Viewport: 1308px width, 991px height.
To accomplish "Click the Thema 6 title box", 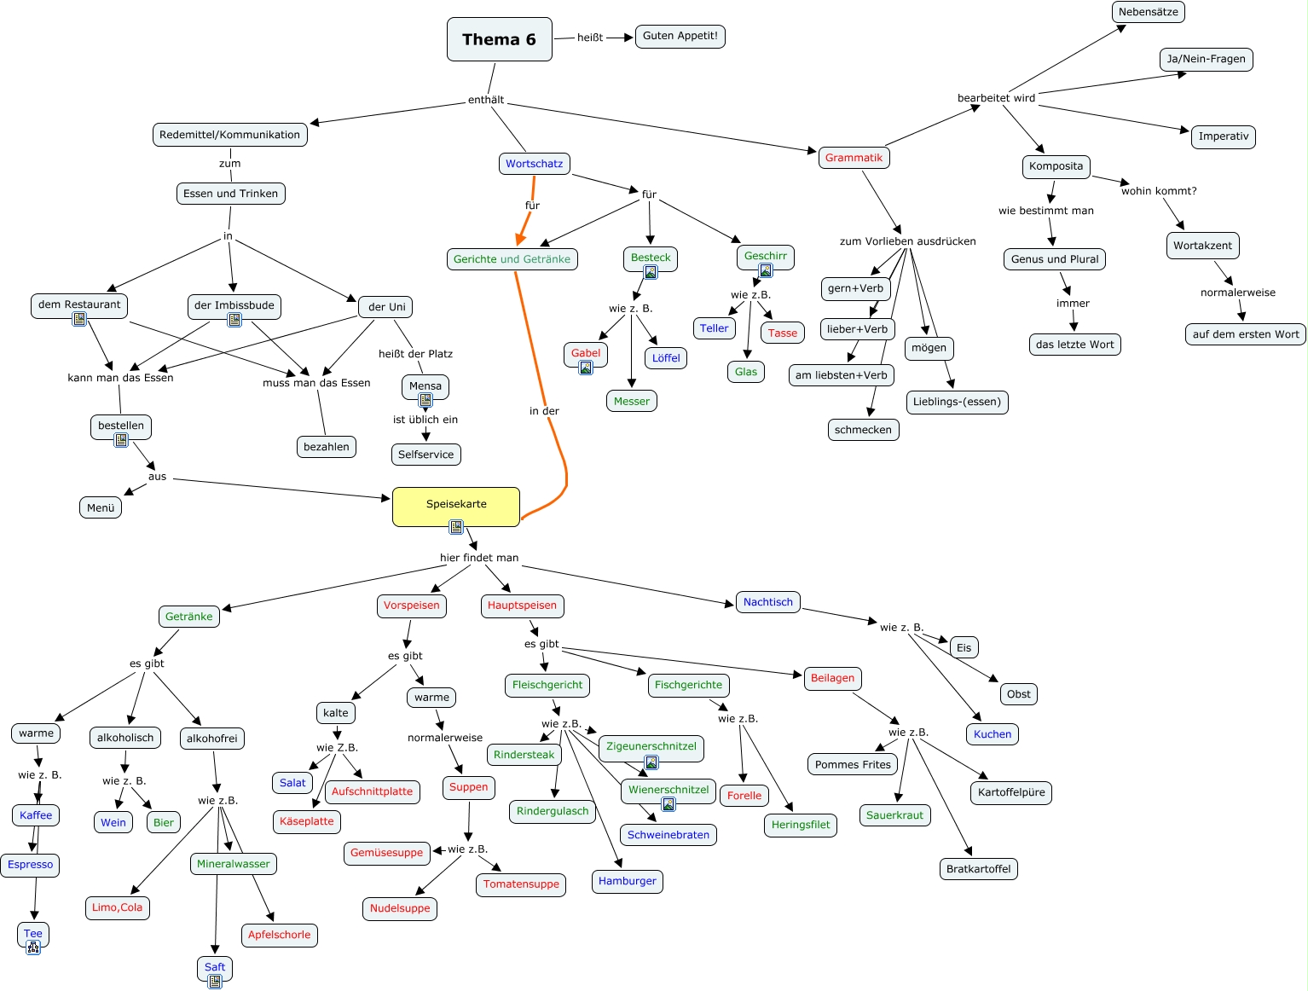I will pos(499,39).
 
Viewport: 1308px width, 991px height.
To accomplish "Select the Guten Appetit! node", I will pos(680,36).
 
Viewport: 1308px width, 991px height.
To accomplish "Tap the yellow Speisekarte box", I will pos(456,506).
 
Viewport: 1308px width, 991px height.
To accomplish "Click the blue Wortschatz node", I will pos(534,164).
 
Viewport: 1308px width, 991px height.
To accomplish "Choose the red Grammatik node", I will pos(854,158).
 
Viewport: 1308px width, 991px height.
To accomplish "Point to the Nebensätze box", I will pos(1148,12).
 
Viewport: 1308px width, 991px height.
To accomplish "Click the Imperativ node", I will pos(1223,136).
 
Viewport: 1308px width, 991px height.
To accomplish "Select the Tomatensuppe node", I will pos(521,884).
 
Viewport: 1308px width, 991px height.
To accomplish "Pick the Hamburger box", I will pos(627,881).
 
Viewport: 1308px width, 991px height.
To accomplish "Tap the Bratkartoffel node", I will pos(978,869).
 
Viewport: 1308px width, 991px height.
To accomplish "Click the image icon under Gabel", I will pos(586,368).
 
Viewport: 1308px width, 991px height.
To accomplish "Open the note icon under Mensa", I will pos(425,400).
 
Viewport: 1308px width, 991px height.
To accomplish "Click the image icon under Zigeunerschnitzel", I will pos(651,762).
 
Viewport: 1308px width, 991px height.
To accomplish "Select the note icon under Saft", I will pos(215,982).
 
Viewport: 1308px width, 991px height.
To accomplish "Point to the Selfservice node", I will pos(425,455).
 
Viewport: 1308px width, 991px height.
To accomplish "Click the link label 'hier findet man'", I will pos(479,558).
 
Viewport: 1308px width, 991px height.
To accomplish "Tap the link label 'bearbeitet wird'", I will pos(996,98).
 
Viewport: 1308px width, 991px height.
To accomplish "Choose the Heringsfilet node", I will pos(801,825).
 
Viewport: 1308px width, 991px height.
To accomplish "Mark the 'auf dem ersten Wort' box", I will pos(1245,334).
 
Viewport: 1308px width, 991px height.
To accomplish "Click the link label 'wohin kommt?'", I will pos(1158,191).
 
